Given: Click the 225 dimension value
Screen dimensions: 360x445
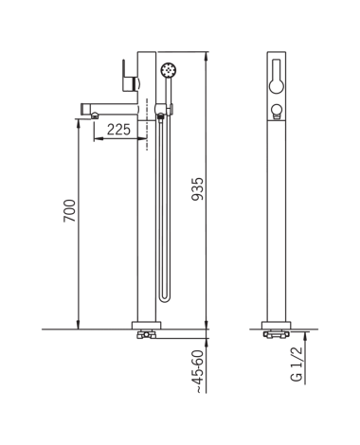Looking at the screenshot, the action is (x=118, y=130).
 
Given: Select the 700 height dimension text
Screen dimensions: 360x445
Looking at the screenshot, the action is (x=70, y=210).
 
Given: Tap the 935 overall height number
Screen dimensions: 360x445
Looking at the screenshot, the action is (x=198, y=189).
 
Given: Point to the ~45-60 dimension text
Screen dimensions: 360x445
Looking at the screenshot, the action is (x=200, y=372).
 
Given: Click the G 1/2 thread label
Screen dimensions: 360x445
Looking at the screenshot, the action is (x=297, y=364).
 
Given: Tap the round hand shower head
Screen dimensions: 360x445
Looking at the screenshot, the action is (x=169, y=69).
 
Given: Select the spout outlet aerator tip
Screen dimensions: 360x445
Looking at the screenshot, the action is (x=95, y=116).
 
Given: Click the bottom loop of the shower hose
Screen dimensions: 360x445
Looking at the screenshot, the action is (x=165, y=298).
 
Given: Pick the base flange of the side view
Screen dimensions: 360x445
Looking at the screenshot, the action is (x=146, y=326).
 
